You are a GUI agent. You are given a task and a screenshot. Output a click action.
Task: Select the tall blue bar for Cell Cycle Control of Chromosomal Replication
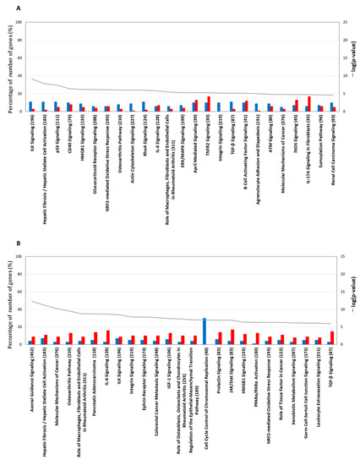tap(204, 331)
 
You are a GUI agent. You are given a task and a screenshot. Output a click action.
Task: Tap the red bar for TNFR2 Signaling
tap(209, 103)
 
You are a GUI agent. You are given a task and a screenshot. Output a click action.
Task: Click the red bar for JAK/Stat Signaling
tap(232, 336)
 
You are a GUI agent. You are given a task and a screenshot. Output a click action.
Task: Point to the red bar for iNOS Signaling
tap(297, 105)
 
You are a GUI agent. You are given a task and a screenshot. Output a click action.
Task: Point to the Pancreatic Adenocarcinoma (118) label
tap(94, 375)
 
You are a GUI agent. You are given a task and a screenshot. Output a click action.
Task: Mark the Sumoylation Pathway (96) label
tap(321, 139)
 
